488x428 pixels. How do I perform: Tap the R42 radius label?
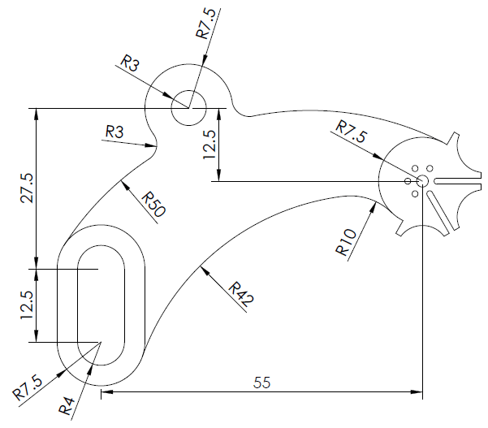click(241, 294)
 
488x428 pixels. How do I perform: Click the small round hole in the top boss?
click(188, 107)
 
